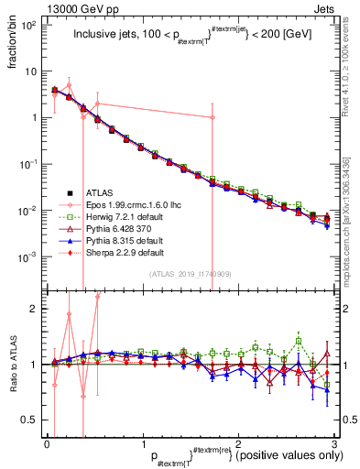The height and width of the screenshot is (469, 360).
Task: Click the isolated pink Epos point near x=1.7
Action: point(213,118)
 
